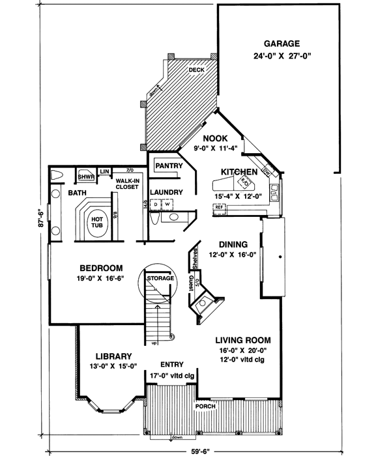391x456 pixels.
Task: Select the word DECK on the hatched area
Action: point(196,70)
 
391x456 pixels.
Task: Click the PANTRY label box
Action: point(168,166)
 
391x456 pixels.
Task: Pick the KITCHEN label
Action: point(239,171)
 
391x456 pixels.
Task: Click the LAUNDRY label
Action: point(165,192)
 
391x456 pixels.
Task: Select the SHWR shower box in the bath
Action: point(85,176)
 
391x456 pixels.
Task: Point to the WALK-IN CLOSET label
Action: point(126,184)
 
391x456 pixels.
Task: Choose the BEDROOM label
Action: point(101,268)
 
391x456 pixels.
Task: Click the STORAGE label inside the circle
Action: point(160,279)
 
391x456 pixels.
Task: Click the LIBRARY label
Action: point(114,356)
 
